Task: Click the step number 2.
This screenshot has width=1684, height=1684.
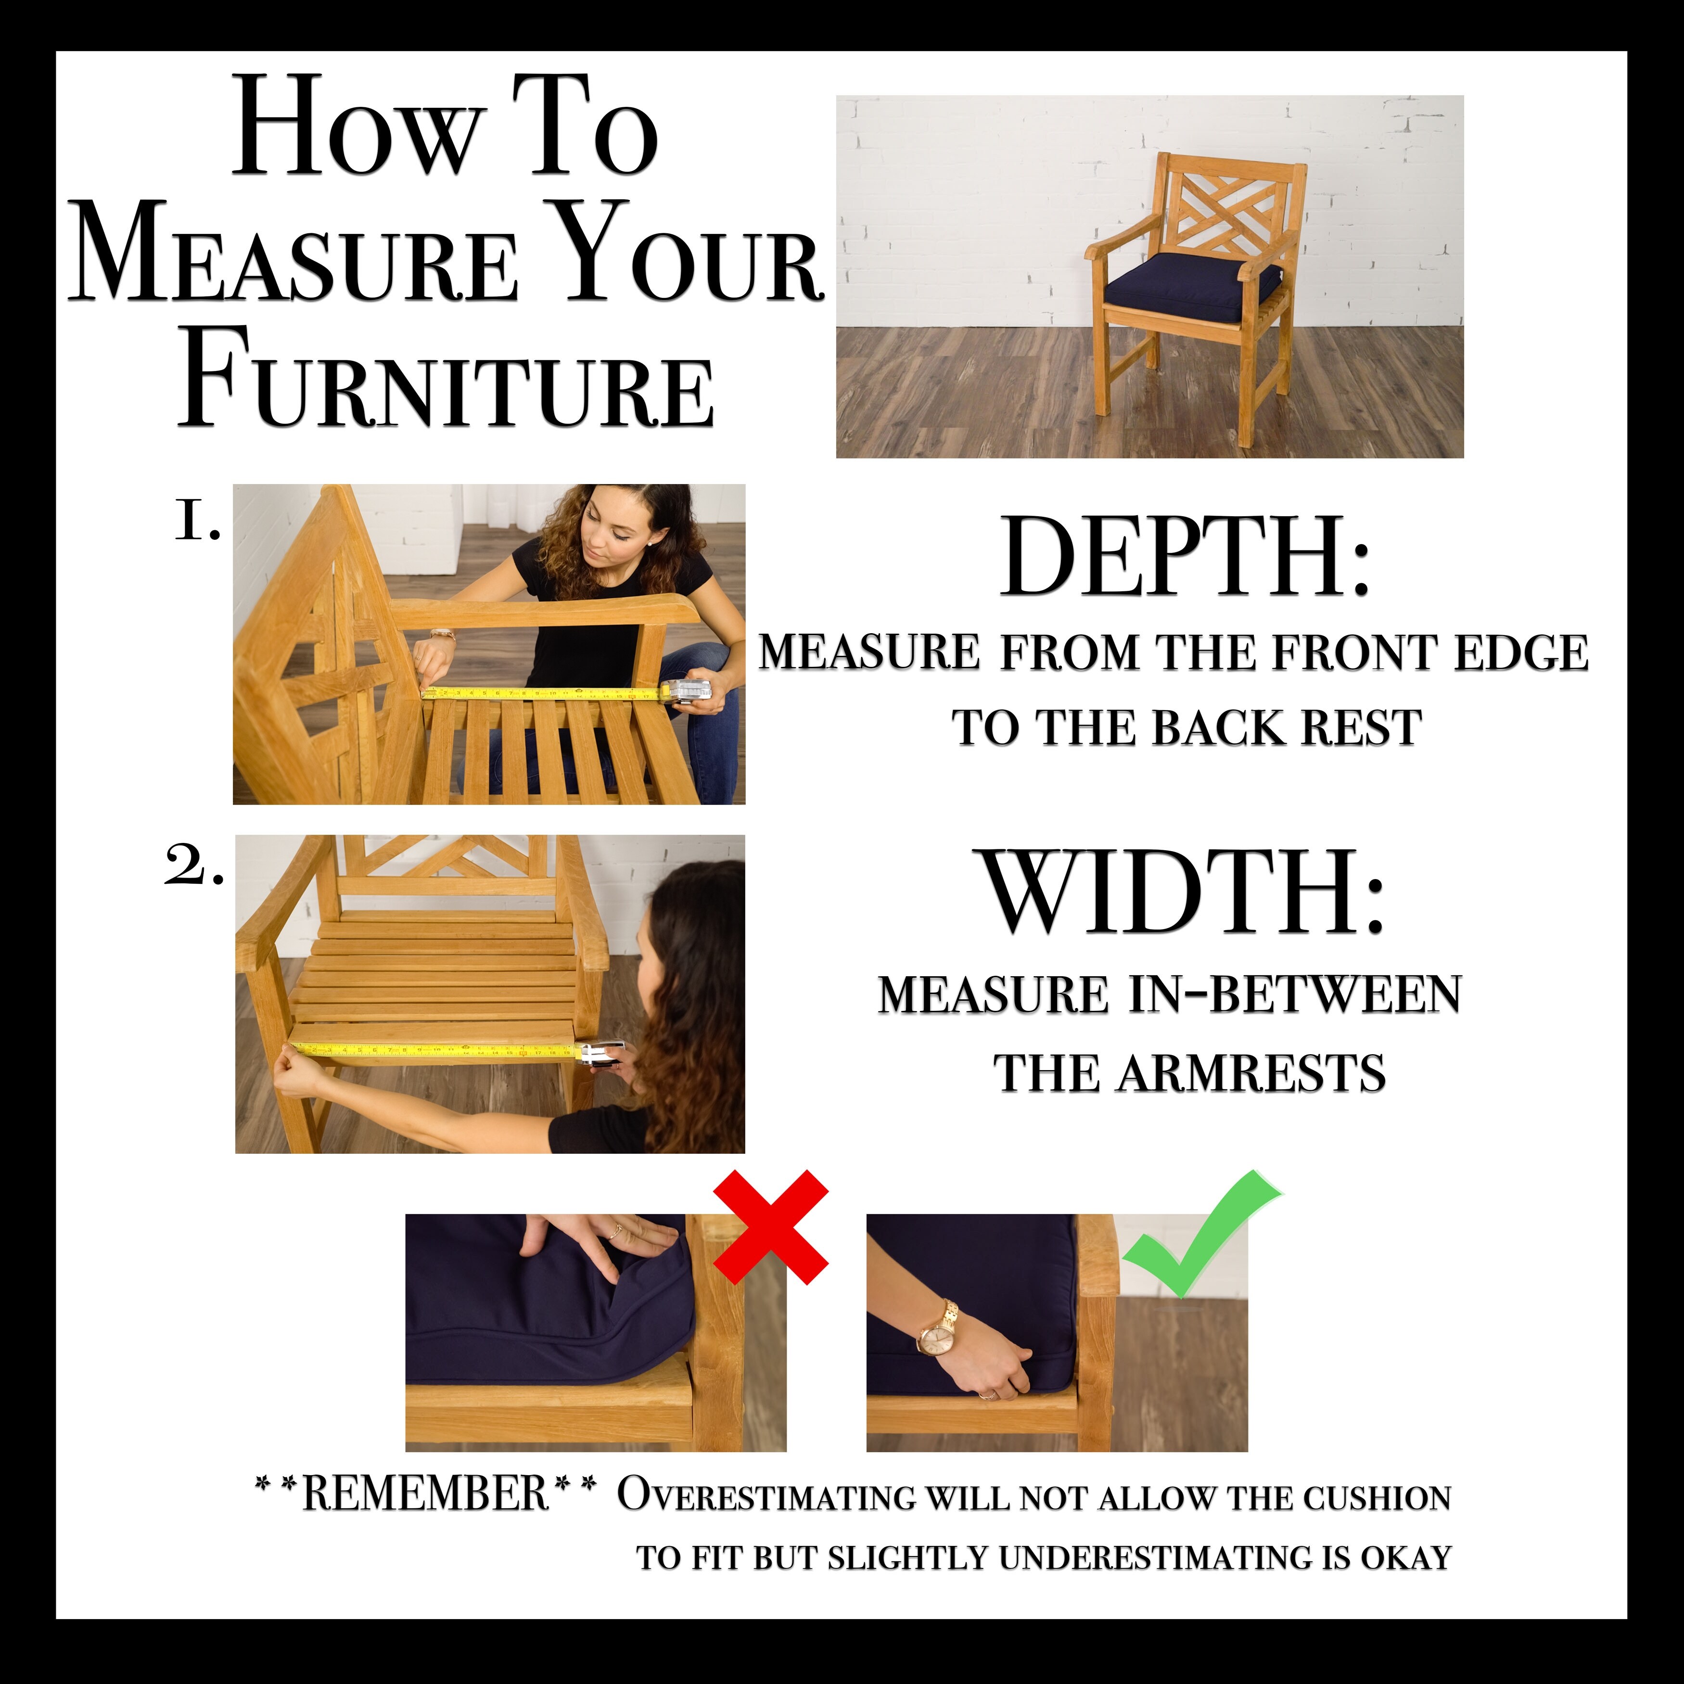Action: pos(193,868)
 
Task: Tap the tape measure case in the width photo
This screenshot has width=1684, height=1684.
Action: pos(604,1053)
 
